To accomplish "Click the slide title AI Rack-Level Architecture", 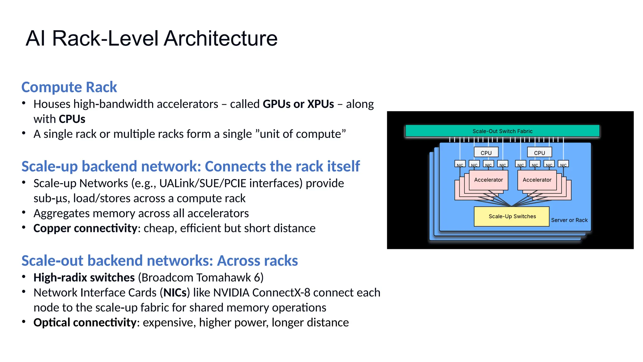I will pyautogui.click(x=151, y=38).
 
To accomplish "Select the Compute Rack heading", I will pyautogui.click(x=69, y=87).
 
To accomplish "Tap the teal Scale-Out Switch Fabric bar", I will pyautogui.click(x=502, y=131).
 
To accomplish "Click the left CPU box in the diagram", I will pyautogui.click(x=486, y=152).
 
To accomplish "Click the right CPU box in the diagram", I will pyautogui.click(x=539, y=152).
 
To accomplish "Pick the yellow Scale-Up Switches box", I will pyautogui.click(x=512, y=216).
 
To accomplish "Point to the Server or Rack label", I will pyautogui.click(x=569, y=220).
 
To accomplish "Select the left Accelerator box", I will pyautogui.click(x=488, y=180).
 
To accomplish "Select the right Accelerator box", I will pyautogui.click(x=537, y=180).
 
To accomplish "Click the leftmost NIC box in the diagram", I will pyautogui.click(x=460, y=164).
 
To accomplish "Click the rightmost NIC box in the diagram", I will pyautogui.click(x=563, y=164).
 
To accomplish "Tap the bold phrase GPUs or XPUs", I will pyautogui.click(x=298, y=104).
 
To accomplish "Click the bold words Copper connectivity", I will pyautogui.click(x=85, y=228).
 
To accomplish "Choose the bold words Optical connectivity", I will pyautogui.click(x=85, y=322).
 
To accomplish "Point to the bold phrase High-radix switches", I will pyautogui.click(x=84, y=277).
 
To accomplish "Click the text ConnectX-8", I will pyautogui.click(x=281, y=293).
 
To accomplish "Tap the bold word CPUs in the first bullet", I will pyautogui.click(x=72, y=119).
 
